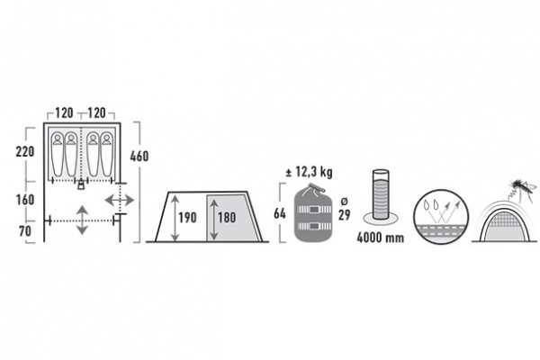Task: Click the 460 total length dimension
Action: (139, 157)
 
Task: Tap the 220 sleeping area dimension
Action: (25, 151)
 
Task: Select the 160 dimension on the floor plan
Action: (25, 200)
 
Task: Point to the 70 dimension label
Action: (25, 231)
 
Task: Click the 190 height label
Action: (187, 218)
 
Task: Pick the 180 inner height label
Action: (227, 218)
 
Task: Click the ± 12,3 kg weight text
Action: (310, 172)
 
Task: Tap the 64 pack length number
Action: (280, 213)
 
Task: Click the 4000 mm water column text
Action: (380, 238)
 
